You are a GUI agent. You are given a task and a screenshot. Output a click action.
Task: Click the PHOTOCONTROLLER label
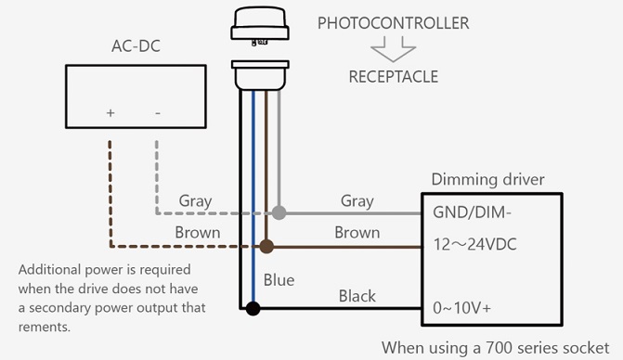pos(393,23)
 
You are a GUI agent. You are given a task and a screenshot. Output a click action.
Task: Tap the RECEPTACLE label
pos(394,77)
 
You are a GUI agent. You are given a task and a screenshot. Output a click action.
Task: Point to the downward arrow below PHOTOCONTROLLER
pos(394,49)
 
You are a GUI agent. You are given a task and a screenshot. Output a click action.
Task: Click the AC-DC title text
pos(136,46)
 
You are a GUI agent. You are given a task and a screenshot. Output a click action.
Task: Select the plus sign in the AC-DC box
pos(110,113)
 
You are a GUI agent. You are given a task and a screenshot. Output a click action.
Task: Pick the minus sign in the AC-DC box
pos(158,113)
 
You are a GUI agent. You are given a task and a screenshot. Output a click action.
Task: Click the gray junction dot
pos(279,213)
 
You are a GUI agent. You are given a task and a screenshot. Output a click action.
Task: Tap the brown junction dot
pos(266,247)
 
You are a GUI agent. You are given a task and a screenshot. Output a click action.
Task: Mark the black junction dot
pos(253,308)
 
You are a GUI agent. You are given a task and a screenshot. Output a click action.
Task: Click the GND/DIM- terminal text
pos(472,212)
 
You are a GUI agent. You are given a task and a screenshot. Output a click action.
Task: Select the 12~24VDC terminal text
pos(474,244)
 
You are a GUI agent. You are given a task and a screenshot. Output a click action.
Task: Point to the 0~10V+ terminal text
pos(461,308)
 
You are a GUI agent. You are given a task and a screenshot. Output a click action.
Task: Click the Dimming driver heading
pos(488,179)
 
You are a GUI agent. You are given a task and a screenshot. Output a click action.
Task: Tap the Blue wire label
pos(279,280)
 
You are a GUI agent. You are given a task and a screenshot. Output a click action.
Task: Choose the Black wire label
pos(357,296)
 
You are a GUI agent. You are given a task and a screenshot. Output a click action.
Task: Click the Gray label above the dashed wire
pos(195,200)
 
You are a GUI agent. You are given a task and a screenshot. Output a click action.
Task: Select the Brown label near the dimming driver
pos(357,233)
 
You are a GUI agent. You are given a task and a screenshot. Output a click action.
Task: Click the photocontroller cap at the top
pos(260,24)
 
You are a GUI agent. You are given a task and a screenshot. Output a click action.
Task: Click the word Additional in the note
pos(49,269)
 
